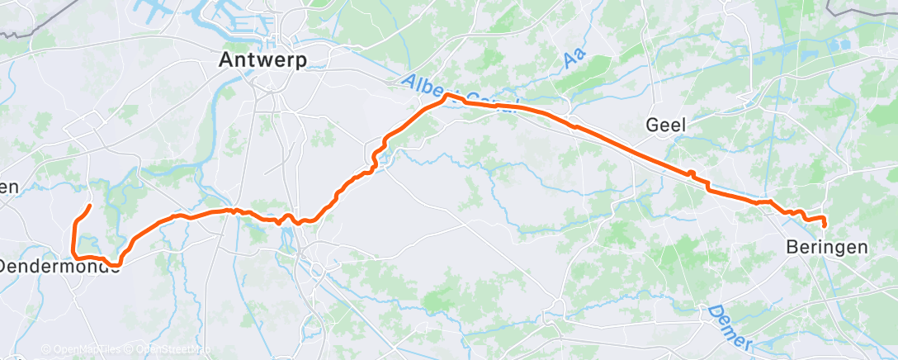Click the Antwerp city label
262,60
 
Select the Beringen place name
826,247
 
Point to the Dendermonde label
54,266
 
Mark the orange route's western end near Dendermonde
89,205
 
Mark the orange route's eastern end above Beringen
825,225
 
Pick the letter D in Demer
711,313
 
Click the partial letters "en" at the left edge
8,187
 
